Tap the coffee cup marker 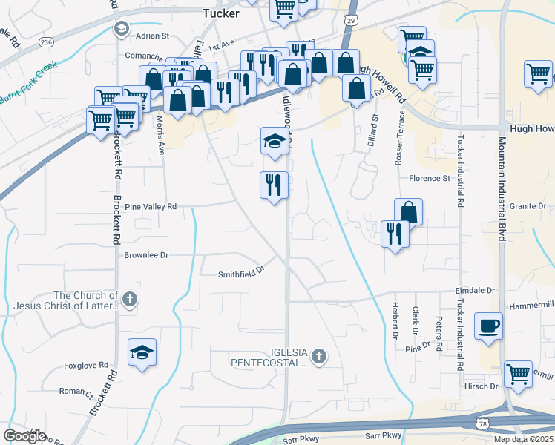[x=489, y=327]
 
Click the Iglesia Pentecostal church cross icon [x=319, y=357]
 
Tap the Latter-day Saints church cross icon [x=130, y=300]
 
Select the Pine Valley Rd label [x=151, y=207]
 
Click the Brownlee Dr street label [x=146, y=255]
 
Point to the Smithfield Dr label [x=241, y=274]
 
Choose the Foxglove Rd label [x=86, y=366]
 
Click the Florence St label [x=430, y=179]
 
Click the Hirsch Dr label [x=483, y=386]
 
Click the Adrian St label [x=152, y=36]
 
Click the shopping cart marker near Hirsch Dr [x=517, y=373]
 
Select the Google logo [x=24, y=436]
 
